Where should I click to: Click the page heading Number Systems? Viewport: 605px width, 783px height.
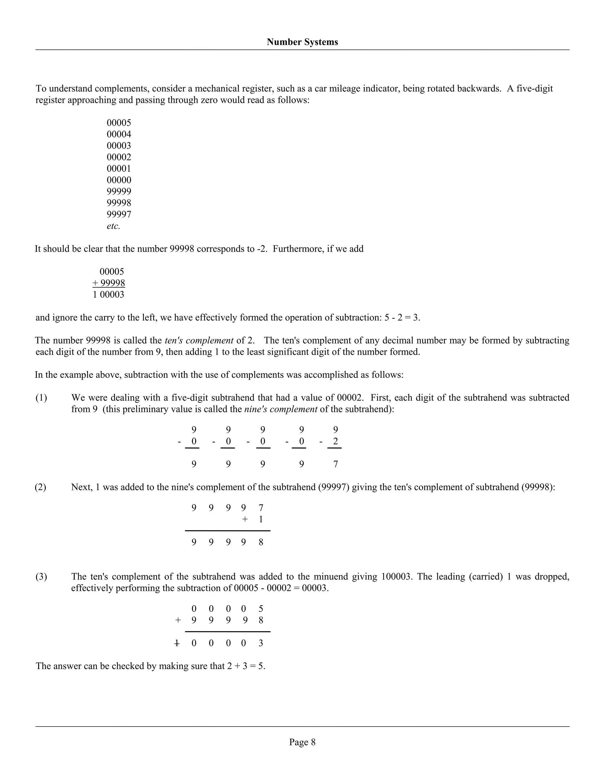tap(302, 42)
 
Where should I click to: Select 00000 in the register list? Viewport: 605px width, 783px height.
tap(119, 180)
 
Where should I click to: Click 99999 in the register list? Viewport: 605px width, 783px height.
tap(119, 191)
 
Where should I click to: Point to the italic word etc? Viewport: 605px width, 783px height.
tap(113, 226)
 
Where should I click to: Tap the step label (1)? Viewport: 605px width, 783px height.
tap(41, 398)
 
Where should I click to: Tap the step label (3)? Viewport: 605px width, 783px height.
tap(41, 576)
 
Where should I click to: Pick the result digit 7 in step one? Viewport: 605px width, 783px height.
tap(336, 464)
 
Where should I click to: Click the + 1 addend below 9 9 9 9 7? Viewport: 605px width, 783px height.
tap(253, 519)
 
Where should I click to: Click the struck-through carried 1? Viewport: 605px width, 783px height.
tap(176, 643)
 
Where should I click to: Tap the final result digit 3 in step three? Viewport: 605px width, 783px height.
tap(261, 643)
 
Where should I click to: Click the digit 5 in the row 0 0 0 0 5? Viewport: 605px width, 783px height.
tap(261, 609)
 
